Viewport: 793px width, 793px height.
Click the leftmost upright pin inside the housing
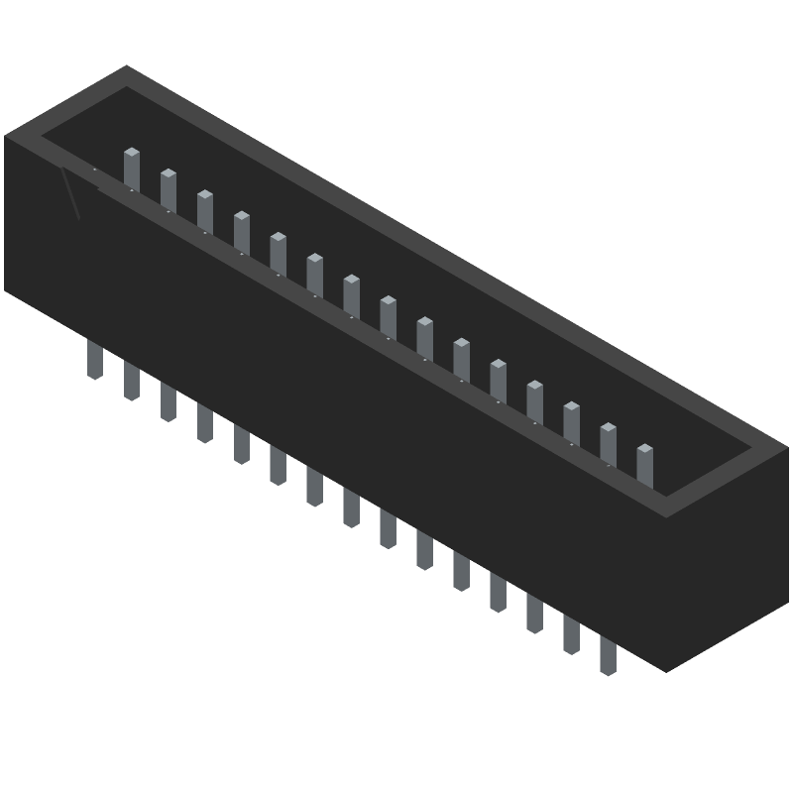132,169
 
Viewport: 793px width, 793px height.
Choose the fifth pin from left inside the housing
278,253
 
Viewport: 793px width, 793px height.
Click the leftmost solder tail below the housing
95,359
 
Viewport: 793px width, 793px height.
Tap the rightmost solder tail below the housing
608,655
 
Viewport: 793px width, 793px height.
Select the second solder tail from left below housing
132,381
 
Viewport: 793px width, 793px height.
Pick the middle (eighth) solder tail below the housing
351,507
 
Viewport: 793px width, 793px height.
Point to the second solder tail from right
571,634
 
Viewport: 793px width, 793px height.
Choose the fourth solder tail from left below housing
205,422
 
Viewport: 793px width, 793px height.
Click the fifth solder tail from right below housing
461,571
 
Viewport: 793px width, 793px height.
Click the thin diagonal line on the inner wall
69,193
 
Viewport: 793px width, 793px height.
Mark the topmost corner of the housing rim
126,66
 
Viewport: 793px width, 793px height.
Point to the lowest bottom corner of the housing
666,671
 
